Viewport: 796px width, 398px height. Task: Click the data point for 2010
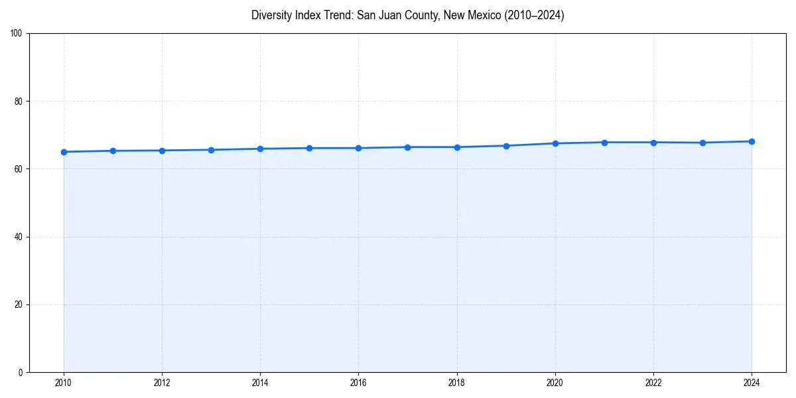[64, 152]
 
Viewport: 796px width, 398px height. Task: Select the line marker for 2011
[113, 151]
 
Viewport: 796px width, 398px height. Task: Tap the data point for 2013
[211, 150]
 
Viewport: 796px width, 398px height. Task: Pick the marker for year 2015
[309, 148]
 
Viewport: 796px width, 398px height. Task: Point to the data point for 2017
[407, 147]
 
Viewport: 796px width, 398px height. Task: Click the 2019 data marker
[506, 146]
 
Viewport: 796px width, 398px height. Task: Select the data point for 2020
[555, 143]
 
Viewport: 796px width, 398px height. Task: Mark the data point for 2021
[604, 143]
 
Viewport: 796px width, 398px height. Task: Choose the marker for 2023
[702, 143]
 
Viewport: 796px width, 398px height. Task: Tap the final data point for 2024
[752, 141]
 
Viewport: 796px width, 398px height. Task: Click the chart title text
[407, 15]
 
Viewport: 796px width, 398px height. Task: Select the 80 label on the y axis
[19, 101]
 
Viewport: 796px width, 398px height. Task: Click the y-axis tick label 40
[19, 237]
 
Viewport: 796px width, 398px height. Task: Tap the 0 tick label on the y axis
[21, 372]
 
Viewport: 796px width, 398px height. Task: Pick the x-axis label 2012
[162, 383]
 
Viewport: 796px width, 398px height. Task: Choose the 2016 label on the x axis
[358, 383]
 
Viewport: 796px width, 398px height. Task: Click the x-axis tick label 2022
[653, 383]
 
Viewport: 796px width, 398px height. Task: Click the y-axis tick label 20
[19, 304]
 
